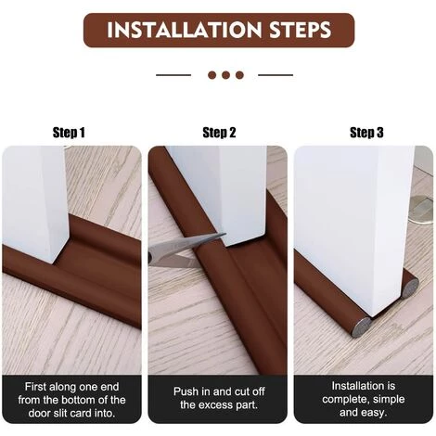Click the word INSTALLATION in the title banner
(184, 30)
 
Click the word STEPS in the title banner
(301, 30)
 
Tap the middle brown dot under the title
(225, 75)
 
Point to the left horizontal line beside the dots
(173, 75)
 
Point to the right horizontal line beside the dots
(276, 75)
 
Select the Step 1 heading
(69, 133)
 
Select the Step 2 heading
(219, 133)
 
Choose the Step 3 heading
(366, 133)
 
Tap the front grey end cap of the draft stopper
(363, 327)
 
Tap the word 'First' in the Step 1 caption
(35, 387)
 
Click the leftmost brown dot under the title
(212, 75)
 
